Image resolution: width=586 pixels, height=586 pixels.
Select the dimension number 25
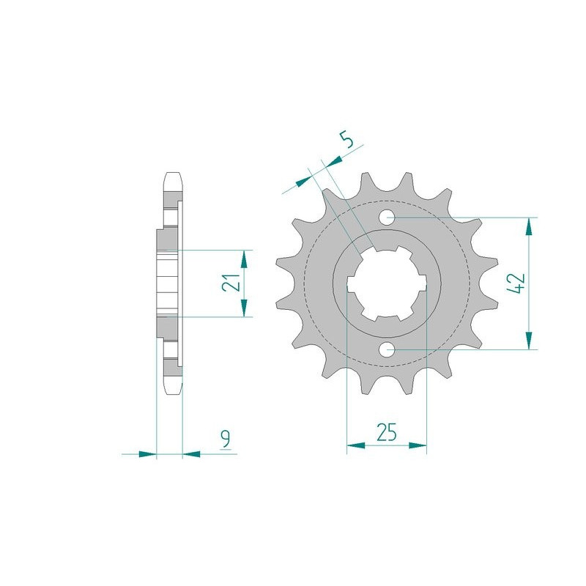tap(386, 432)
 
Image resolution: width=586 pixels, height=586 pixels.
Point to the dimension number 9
tap(226, 439)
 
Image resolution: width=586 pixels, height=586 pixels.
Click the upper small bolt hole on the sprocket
tap(387, 218)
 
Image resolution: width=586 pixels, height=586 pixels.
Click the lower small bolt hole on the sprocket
tap(387, 349)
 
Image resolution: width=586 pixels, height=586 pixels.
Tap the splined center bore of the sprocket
tap(386, 283)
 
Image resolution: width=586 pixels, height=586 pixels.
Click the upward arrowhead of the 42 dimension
tap(528, 226)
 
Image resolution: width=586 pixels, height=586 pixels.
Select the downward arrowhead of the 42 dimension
tap(528, 341)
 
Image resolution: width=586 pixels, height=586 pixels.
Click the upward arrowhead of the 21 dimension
tap(245, 259)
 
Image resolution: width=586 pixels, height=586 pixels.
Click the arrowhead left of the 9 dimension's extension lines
tap(147, 454)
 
